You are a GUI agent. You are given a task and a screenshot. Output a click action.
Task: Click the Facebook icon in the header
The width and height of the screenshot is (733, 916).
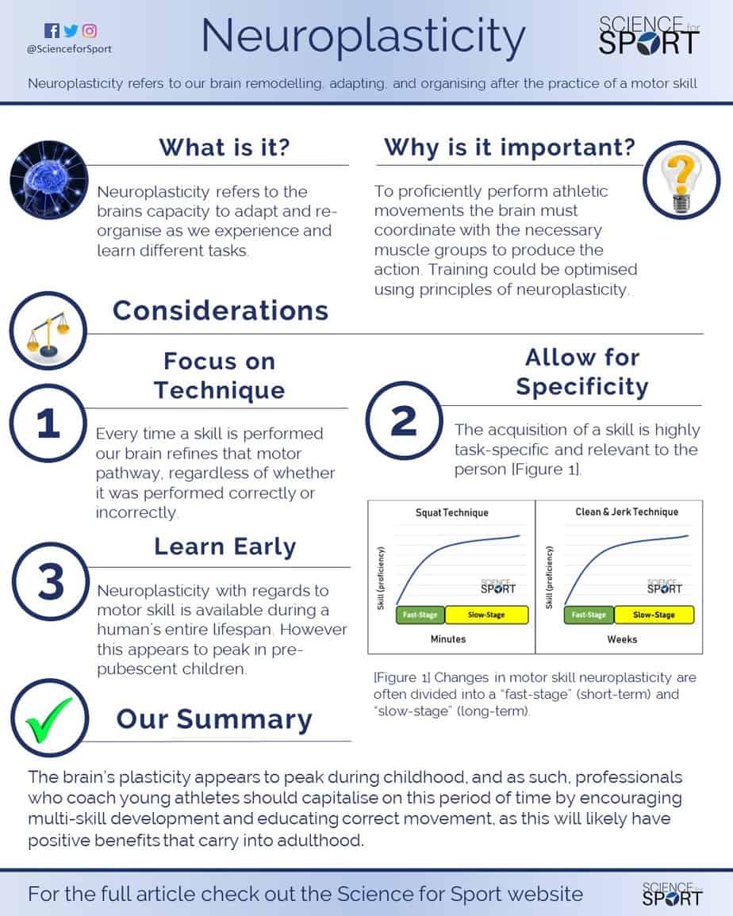tap(52, 30)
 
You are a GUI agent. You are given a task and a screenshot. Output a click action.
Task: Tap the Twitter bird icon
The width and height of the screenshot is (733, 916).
tap(71, 30)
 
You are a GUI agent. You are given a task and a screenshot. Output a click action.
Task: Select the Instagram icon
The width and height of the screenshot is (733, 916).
tap(90, 30)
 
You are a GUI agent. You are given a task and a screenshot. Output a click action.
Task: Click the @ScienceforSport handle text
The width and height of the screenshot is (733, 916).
tap(69, 49)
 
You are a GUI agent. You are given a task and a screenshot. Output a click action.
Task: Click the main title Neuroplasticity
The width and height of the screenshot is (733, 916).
tap(363, 36)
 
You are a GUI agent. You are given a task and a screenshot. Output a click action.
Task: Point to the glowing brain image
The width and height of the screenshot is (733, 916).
tap(49, 180)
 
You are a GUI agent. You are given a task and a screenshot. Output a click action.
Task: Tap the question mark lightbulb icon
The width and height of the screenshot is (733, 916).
tap(681, 180)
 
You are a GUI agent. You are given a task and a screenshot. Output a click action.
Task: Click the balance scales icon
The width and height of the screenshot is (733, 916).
tap(48, 331)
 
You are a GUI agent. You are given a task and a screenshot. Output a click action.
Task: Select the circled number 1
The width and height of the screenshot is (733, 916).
tap(48, 423)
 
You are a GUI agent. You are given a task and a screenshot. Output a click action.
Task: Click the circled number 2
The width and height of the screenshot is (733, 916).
tap(405, 420)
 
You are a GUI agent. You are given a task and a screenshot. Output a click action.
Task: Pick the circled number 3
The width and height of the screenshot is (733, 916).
tap(51, 581)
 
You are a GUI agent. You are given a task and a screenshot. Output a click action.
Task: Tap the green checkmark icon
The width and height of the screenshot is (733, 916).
tap(50, 718)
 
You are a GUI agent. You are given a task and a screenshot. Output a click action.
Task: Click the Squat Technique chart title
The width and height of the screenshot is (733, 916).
tap(452, 513)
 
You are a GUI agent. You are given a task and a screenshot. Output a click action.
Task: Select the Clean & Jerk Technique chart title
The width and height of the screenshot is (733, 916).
tap(627, 512)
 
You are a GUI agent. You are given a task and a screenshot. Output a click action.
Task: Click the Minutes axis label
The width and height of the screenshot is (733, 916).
tap(448, 639)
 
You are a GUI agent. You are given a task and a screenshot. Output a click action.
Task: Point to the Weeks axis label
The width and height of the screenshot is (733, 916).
tap(622, 640)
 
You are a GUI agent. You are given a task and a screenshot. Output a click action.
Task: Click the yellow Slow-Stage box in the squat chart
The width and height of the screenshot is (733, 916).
tap(486, 615)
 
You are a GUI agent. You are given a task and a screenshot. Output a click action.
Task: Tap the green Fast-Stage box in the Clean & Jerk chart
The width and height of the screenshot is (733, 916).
tap(589, 615)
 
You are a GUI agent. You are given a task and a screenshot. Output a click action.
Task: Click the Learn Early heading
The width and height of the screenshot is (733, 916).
tap(225, 546)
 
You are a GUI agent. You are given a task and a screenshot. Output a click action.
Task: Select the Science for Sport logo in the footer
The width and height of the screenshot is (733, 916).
tap(672, 894)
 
